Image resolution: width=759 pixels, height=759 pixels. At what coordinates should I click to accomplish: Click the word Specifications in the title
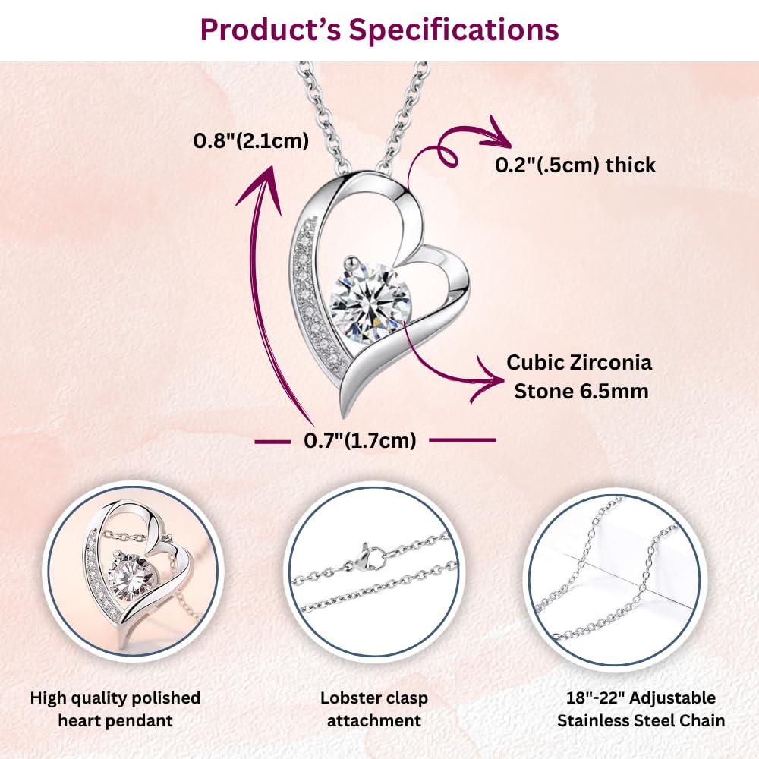point(454,30)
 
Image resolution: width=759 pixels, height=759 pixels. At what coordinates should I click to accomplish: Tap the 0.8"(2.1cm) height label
point(250,141)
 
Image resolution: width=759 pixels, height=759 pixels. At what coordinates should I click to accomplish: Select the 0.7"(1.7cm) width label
point(360,440)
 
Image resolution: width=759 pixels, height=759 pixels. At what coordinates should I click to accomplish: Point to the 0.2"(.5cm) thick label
point(575,165)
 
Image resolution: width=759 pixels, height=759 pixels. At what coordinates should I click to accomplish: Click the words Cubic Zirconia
point(579,363)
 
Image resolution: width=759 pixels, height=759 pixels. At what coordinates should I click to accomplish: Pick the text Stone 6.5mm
point(581,391)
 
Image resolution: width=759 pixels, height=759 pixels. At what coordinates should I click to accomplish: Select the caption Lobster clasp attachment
point(373,709)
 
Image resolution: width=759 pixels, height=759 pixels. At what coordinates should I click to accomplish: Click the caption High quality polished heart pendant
point(115,709)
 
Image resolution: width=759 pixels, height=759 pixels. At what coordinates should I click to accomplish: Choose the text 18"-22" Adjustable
point(641,698)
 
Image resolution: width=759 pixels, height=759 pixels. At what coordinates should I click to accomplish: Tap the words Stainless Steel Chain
point(641,721)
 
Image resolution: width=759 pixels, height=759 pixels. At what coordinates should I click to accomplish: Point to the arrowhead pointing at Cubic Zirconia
point(487,379)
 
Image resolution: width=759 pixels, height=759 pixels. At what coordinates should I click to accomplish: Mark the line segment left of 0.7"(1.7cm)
point(272,441)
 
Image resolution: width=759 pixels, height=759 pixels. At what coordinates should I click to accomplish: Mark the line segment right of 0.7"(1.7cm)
point(463,440)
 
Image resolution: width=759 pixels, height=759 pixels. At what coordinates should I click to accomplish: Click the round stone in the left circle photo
point(131,578)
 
